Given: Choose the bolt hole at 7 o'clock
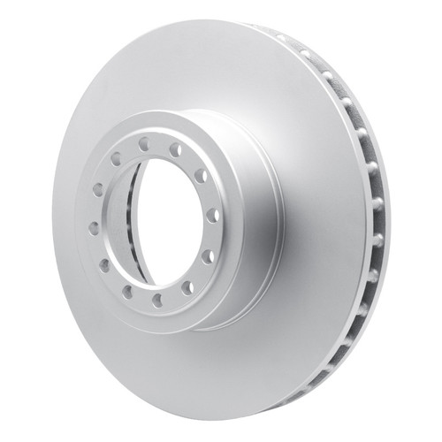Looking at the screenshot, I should tap(127, 291).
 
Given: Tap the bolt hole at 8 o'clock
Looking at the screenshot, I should tap(104, 265).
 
